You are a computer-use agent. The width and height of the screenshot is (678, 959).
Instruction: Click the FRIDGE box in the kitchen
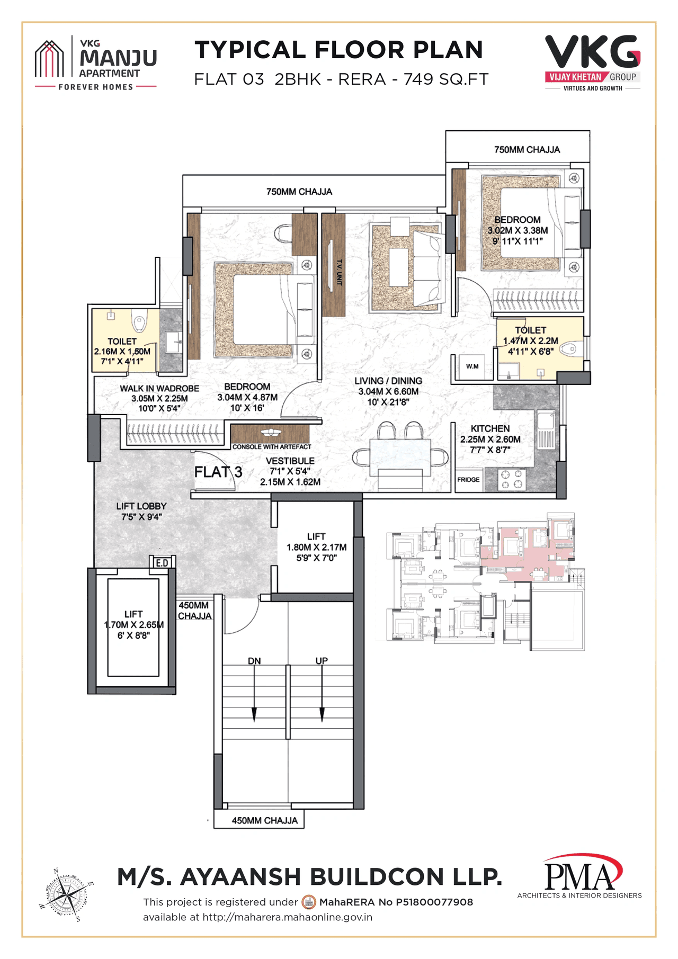[469, 480]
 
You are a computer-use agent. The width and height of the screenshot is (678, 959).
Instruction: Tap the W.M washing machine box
[472, 366]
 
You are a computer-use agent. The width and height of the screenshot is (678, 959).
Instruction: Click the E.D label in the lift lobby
[162, 563]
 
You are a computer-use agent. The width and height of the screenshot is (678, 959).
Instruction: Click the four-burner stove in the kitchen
[512, 479]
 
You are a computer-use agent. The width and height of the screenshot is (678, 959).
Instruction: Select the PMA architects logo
[581, 877]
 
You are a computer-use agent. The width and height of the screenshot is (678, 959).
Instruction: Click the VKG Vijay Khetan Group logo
[593, 62]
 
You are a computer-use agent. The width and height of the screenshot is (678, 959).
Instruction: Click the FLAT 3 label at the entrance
[218, 472]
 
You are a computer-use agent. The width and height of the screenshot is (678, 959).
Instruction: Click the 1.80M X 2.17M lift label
[316, 547]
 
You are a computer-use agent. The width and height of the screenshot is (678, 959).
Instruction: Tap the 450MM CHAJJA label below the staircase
[264, 820]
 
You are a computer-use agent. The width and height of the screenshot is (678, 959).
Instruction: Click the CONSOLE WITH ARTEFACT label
[271, 447]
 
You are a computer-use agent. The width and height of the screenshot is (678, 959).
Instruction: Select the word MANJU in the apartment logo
[118, 57]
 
